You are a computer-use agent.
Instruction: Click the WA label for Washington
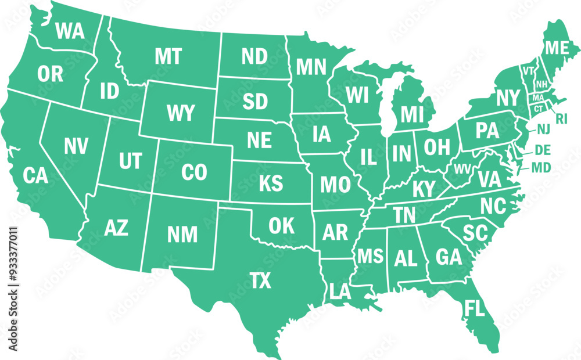pos(70,31)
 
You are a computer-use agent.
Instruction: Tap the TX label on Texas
pos(261,281)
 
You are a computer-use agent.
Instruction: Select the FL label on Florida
pos(474,308)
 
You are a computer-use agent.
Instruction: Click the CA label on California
pos(36,175)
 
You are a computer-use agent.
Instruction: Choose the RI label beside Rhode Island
pos(561,119)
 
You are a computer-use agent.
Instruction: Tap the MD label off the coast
pos(541,168)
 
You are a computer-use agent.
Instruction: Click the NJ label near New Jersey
pos(543,129)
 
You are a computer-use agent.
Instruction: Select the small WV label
pos(462,169)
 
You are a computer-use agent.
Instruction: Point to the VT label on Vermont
pos(528,71)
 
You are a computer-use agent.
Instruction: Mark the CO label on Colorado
pos(194,172)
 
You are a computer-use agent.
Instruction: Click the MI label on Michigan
pos(412,114)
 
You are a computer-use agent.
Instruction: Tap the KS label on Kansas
pos(271,183)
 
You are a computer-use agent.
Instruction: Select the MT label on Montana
pos(168,56)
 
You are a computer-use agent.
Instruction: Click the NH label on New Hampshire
pos(541,85)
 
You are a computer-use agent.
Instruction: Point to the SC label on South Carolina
pos(474,232)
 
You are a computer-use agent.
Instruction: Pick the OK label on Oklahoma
pos(282,225)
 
